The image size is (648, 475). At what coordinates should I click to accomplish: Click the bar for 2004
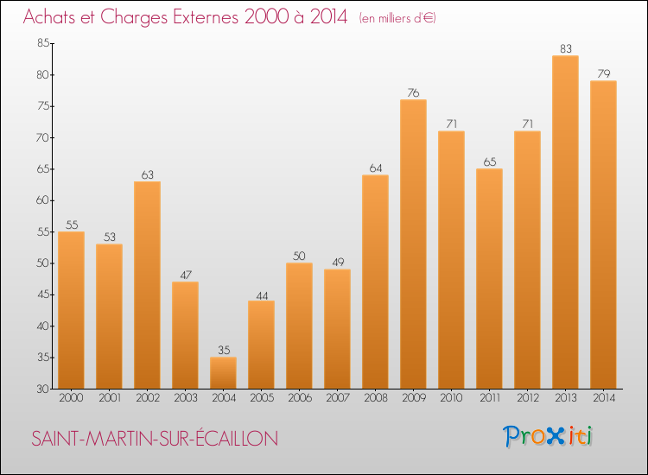click(223, 373)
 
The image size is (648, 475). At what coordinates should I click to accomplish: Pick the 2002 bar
click(147, 285)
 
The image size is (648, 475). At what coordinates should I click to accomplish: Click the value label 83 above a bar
click(565, 49)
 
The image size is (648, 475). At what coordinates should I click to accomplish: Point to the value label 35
click(223, 351)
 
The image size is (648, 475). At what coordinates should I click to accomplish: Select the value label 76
click(413, 93)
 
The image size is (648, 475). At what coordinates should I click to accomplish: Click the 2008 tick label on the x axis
click(375, 397)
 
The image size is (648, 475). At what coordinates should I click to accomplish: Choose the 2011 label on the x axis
click(489, 397)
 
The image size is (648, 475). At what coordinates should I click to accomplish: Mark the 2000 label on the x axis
click(71, 397)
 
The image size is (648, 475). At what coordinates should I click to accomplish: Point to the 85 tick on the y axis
click(42, 44)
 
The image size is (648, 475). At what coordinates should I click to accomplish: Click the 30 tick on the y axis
click(42, 389)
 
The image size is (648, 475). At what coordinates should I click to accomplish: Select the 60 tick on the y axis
click(42, 201)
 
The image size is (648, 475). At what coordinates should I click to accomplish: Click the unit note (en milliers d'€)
click(397, 18)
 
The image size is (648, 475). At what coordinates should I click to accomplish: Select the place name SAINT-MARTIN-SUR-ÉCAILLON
click(155, 439)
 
